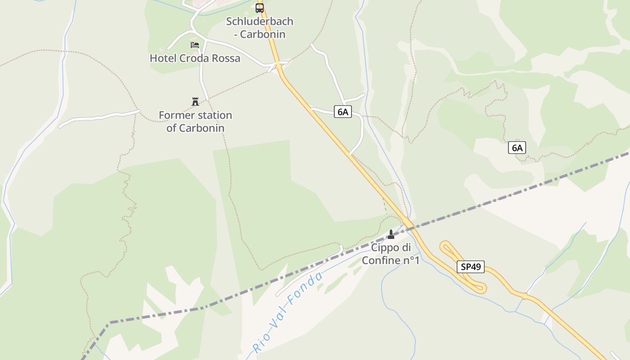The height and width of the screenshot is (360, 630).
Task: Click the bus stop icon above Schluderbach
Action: click(260, 8)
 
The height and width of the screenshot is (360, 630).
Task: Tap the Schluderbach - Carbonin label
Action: click(260, 27)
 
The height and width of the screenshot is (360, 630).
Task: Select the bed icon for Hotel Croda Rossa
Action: click(195, 45)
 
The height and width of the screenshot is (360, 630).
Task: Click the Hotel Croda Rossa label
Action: click(195, 58)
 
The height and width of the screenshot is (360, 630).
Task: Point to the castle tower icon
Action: click(195, 102)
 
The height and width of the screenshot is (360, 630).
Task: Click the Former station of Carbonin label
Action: click(195, 121)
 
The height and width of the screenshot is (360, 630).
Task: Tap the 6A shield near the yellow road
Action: click(342, 112)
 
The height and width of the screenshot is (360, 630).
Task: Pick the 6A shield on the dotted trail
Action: click(517, 148)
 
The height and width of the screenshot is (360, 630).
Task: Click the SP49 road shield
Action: click(471, 267)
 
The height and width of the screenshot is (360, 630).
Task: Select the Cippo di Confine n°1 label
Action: click(391, 254)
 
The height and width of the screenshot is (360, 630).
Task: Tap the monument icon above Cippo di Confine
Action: click(391, 234)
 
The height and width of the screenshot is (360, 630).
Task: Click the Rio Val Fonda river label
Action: click(288, 312)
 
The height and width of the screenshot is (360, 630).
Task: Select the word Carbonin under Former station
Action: click(202, 128)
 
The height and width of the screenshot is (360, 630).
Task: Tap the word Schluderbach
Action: click(260, 21)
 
